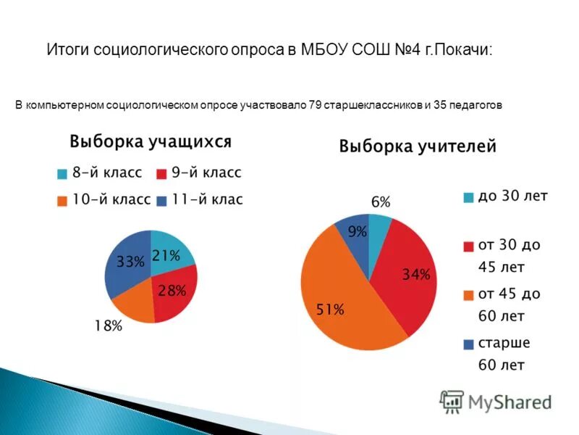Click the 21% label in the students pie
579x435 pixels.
165,255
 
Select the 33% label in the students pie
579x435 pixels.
130,262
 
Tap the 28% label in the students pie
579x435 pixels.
172,291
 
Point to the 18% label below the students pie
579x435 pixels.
108,326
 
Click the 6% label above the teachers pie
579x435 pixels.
381,202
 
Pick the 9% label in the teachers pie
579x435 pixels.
357,232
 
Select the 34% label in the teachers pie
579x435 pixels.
416,275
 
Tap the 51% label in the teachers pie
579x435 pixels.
330,310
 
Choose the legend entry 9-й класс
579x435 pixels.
198,173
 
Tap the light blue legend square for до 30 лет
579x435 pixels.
468,196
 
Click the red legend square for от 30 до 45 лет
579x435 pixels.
468,246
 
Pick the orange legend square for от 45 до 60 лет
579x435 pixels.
468,295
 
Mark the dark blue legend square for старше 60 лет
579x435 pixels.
468,344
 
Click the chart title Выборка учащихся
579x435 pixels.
150,141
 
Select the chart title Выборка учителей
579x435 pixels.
418,146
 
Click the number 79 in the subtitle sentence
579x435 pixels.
315,106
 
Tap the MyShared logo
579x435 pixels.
496,401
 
